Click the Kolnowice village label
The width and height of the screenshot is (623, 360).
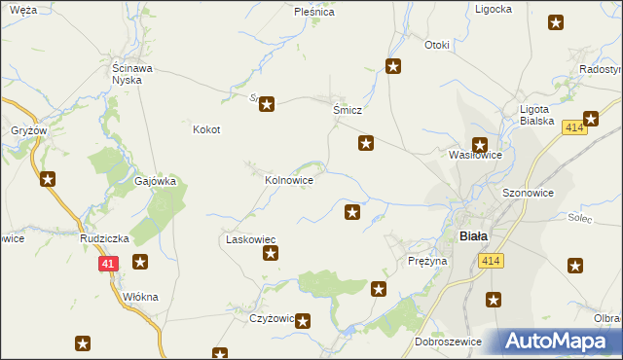289,180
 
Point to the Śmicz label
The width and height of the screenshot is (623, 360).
348,111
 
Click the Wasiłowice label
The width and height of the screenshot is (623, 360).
474,155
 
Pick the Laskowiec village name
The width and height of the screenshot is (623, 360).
251,238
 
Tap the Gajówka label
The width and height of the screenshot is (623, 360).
155,181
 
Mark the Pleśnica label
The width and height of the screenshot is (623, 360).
314,13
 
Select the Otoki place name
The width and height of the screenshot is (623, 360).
437,45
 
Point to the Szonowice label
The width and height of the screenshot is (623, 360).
528,193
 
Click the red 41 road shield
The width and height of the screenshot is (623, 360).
108,263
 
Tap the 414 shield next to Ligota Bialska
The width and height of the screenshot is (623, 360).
573,127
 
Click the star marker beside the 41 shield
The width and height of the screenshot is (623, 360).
140,261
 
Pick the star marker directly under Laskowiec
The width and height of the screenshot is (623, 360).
271,255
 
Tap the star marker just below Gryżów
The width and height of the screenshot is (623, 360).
47,178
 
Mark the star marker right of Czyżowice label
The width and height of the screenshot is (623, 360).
303,320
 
